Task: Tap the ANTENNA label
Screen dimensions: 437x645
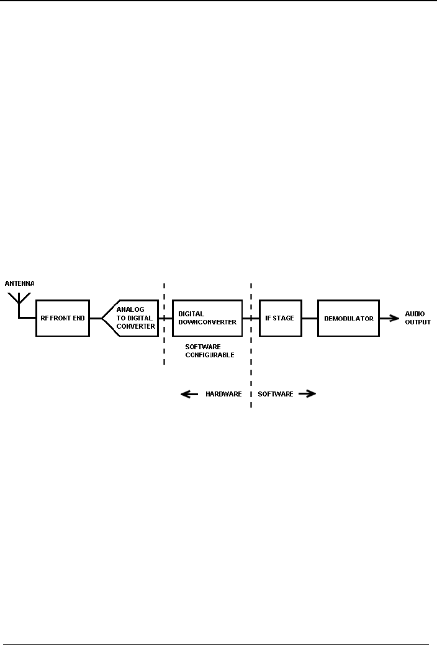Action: click(x=20, y=283)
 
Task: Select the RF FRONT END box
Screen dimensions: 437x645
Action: click(x=62, y=318)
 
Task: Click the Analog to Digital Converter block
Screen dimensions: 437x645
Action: click(x=131, y=318)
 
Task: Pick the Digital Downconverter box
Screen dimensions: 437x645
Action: click(x=207, y=318)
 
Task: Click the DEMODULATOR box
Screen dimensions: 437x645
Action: click(x=348, y=318)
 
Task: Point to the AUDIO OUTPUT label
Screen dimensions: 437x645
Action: click(x=417, y=318)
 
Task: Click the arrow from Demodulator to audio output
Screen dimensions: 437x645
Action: click(x=389, y=318)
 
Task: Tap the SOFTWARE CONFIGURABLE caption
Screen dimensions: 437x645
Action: click(x=210, y=351)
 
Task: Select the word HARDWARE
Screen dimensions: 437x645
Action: click(x=223, y=394)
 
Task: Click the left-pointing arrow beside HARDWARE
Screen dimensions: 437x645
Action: click(x=189, y=394)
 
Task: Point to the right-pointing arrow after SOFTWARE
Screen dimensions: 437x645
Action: click(x=307, y=394)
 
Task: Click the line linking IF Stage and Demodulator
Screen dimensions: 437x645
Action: click(x=309, y=318)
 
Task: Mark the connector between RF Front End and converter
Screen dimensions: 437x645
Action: click(x=95, y=318)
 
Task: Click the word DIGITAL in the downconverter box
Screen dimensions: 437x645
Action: click(x=191, y=314)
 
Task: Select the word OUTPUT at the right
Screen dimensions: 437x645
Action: click(x=417, y=322)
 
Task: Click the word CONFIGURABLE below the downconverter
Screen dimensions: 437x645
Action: click(x=210, y=355)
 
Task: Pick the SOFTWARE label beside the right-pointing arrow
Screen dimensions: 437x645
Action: click(x=276, y=394)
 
